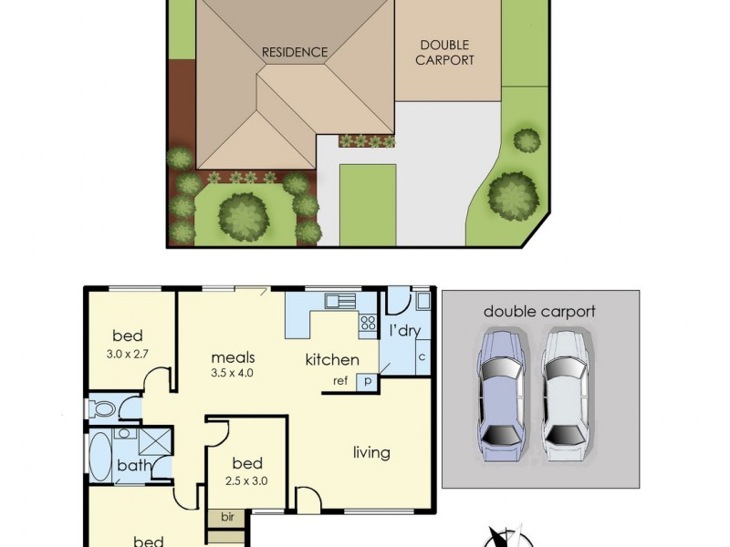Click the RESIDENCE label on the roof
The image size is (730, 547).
294,52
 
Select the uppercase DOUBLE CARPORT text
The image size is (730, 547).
446,52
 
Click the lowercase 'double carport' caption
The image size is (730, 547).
539,312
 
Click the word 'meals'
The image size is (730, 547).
233,357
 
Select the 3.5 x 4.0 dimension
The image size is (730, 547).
232,374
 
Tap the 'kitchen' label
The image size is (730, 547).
332,360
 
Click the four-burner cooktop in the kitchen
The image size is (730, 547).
369,322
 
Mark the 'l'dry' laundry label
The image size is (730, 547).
404,329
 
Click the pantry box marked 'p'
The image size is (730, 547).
367,382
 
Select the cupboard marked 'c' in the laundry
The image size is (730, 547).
422,356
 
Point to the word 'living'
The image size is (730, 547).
371,452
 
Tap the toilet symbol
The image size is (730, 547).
102,408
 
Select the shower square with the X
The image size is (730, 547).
155,442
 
